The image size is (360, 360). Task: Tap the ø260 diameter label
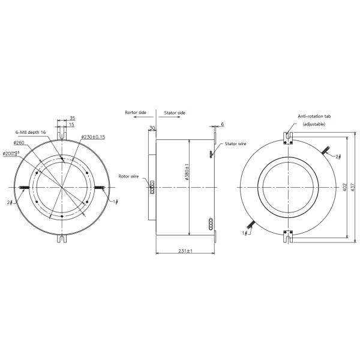pyautogui.click(x=18, y=143)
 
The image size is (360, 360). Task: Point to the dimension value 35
pyautogui.click(x=71, y=119)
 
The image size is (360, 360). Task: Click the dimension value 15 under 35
pyautogui.click(x=71, y=125)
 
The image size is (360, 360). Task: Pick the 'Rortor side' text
pyautogui.click(x=136, y=112)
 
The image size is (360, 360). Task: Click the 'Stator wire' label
pyautogui.click(x=236, y=145)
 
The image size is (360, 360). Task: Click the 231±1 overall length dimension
pyautogui.click(x=185, y=250)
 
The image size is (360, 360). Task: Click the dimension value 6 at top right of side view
pyautogui.click(x=221, y=124)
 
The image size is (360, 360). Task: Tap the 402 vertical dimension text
pyautogui.click(x=346, y=187)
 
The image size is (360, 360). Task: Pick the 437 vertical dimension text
pyautogui.click(x=355, y=187)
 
